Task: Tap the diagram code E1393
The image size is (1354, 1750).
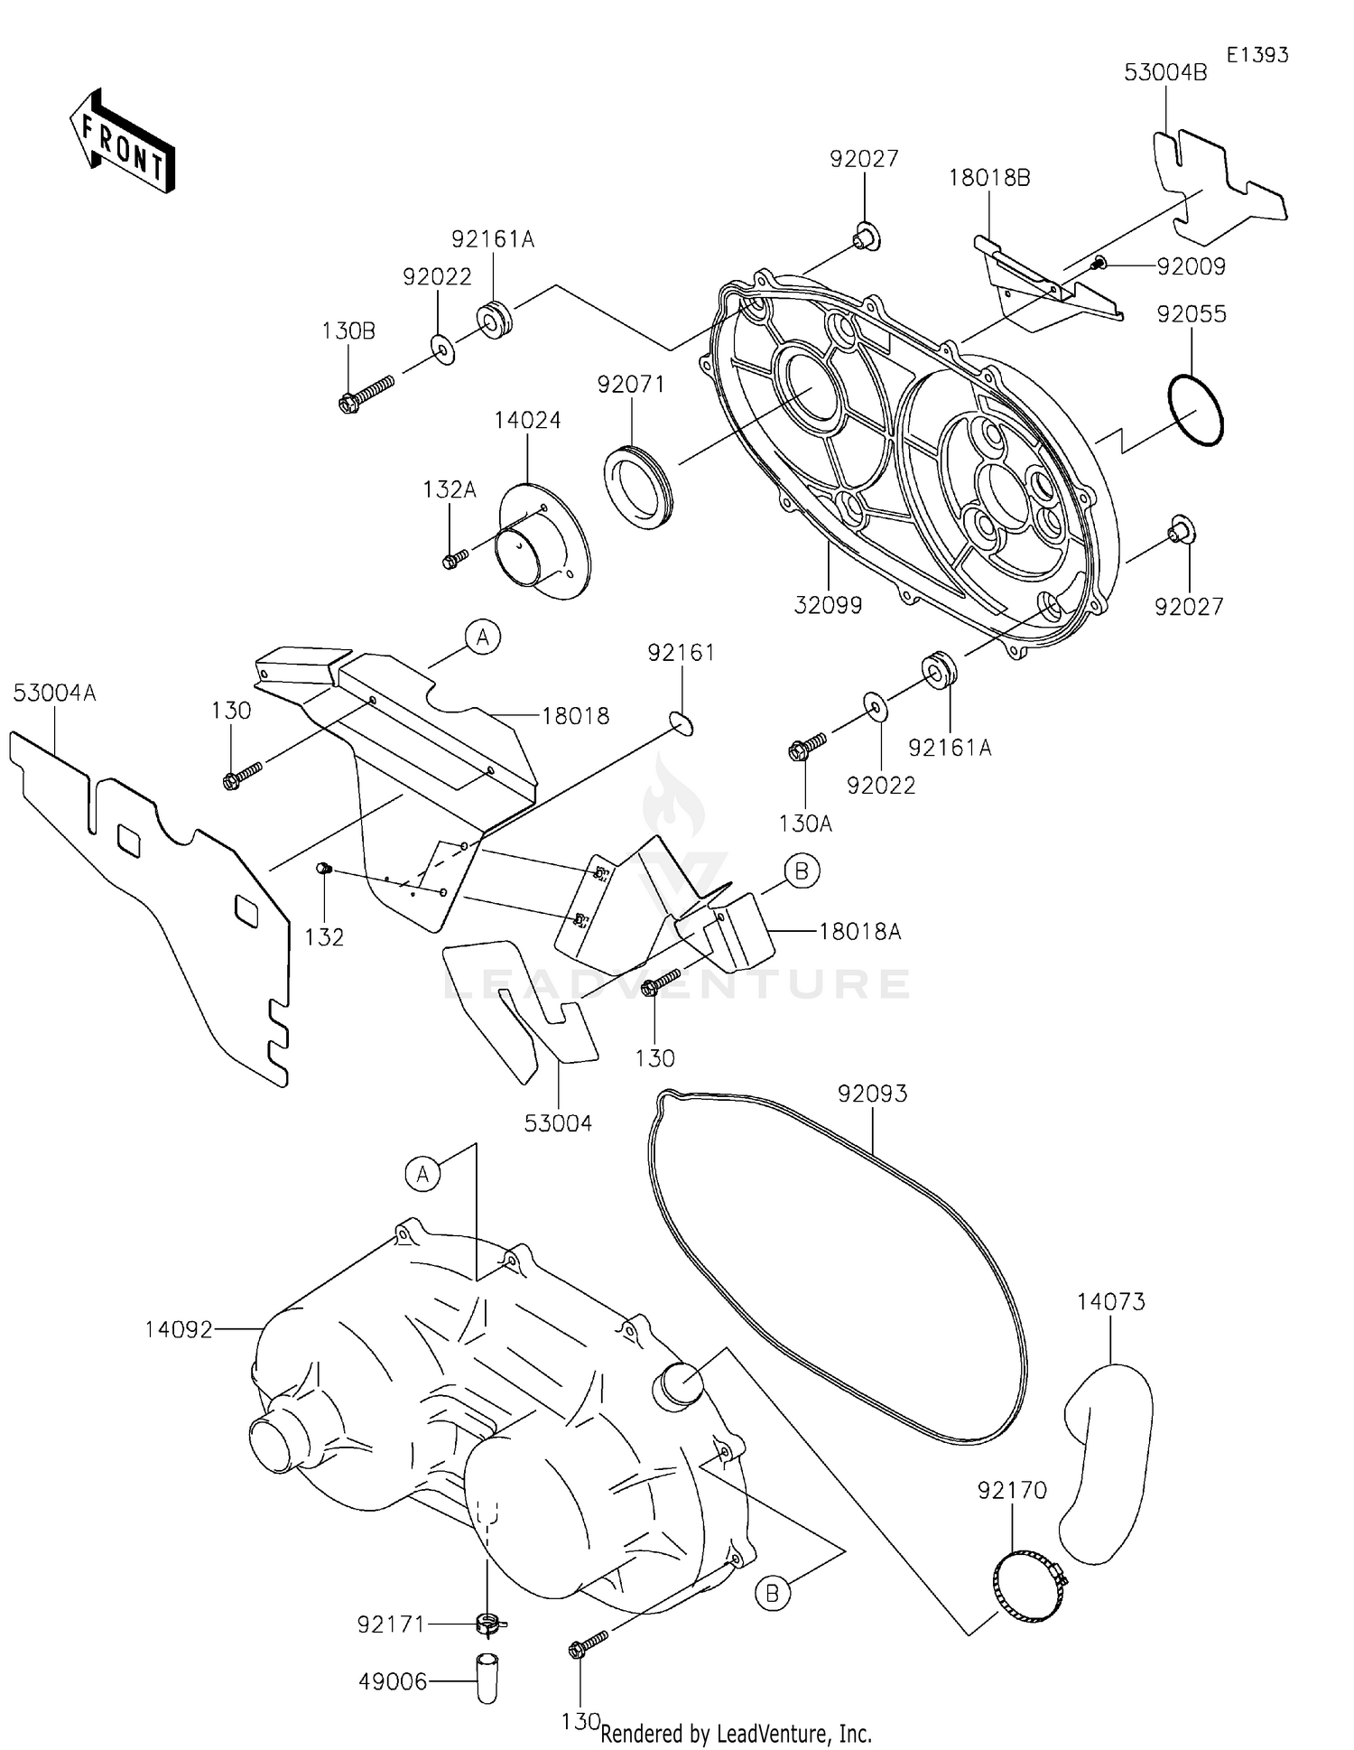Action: tap(1257, 55)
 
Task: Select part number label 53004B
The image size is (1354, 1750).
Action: tap(1164, 73)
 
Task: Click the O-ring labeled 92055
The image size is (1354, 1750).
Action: tap(1194, 411)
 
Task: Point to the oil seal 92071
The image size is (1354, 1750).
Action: tap(637, 488)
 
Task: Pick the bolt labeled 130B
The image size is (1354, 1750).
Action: tap(365, 395)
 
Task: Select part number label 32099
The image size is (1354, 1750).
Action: tap(828, 605)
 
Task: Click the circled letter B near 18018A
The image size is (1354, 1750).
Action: tap(801, 871)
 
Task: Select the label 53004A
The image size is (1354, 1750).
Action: tap(54, 693)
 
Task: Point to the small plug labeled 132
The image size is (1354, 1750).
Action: tap(323, 869)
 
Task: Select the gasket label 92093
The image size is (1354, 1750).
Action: tap(872, 1094)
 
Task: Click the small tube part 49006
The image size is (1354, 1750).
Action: tap(487, 1678)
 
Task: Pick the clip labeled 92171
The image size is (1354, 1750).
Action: tap(487, 1624)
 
